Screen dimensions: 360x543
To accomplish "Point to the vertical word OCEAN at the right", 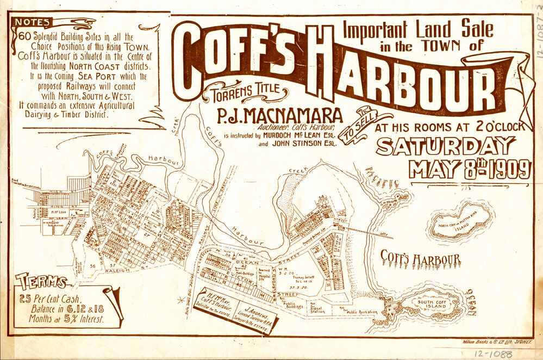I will pos(471,302).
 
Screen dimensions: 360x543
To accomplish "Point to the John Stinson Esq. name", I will pos(297,145).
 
